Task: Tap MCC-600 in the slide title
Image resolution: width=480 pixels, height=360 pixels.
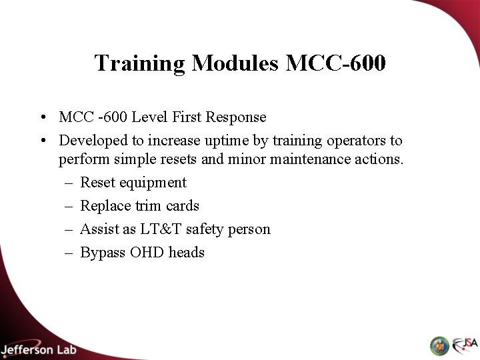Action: (x=335, y=63)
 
